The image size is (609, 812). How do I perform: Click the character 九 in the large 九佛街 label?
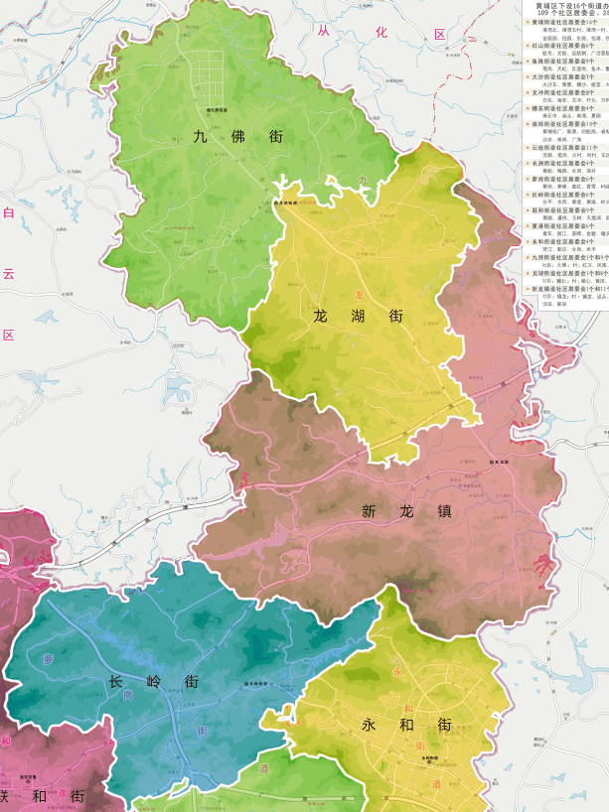[200, 137]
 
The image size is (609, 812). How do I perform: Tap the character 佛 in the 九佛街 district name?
[238, 137]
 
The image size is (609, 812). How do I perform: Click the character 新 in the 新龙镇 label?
[370, 512]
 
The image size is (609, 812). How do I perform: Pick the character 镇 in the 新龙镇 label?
[443, 512]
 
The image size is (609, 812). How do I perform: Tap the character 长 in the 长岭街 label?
[117, 682]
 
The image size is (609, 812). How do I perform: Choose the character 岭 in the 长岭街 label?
[154, 682]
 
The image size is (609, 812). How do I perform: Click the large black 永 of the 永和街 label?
[370, 725]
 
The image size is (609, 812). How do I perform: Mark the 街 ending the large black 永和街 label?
[443, 725]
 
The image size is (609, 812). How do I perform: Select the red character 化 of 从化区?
[381, 33]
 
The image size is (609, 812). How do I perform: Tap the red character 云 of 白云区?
[8, 274]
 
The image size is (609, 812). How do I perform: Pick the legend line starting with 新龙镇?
[566, 289]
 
